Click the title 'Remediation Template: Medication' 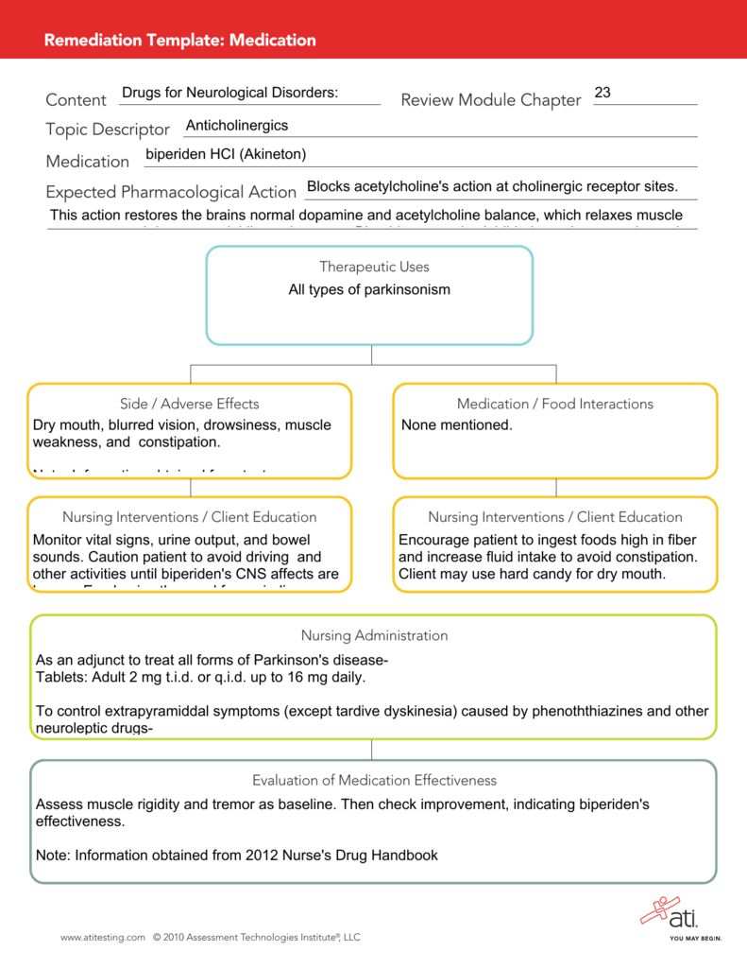(x=180, y=40)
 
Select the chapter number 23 (x=603, y=93)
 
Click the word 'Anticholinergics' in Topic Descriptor (x=237, y=126)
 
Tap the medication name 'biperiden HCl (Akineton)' (x=226, y=154)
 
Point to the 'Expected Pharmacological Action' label (x=171, y=192)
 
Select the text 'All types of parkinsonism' (x=369, y=289)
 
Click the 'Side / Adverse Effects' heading (x=189, y=404)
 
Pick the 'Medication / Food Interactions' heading (x=554, y=404)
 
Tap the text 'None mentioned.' (x=456, y=425)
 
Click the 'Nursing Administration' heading (x=374, y=635)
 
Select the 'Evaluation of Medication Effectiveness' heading (x=374, y=780)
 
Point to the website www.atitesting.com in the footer (x=103, y=938)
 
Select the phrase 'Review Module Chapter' (x=490, y=100)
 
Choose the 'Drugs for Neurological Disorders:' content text (x=229, y=93)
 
